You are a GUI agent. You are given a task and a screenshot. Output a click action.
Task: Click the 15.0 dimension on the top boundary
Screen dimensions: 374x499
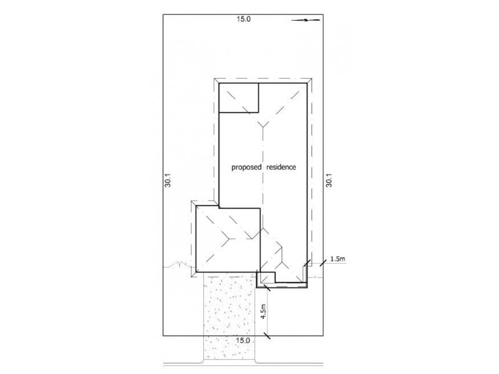[x=243, y=19]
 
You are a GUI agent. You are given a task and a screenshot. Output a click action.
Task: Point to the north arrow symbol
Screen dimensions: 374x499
[x=301, y=20]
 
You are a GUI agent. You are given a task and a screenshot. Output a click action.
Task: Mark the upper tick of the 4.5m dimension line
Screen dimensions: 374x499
[x=266, y=287]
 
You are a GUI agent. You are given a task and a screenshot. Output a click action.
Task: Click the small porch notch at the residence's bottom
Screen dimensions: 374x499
[x=267, y=278]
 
